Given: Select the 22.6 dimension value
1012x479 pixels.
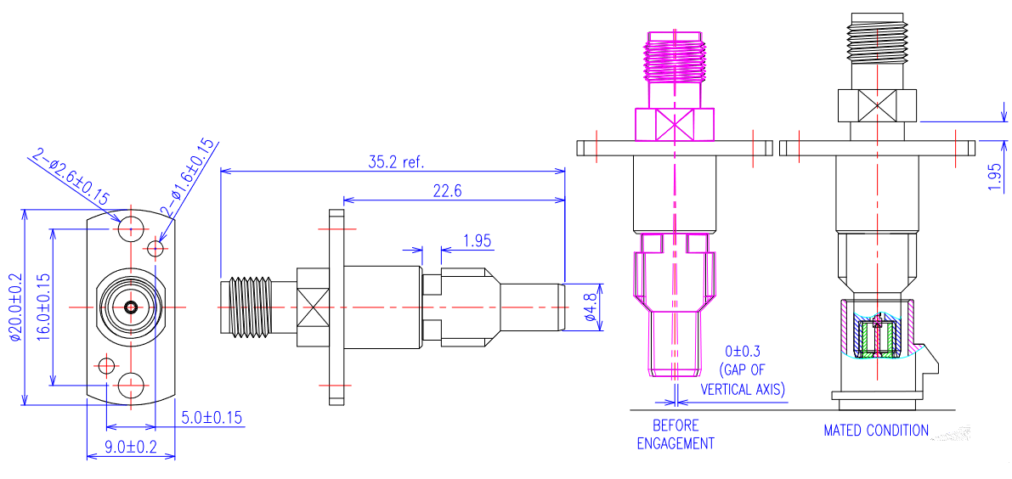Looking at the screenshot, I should pos(447,192).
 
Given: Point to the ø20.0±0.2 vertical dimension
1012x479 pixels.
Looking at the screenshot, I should pos(14,307).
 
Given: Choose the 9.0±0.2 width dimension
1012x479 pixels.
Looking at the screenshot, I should pos(130,446).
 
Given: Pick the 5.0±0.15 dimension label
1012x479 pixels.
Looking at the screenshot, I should pos(212,417).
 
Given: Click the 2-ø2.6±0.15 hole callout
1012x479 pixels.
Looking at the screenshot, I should pos(71,178).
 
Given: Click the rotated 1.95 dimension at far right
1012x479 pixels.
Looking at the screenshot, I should pos(995,177).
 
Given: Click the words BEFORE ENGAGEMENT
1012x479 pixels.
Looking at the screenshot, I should pos(676,434).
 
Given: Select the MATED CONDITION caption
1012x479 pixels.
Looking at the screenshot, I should pos(876,431).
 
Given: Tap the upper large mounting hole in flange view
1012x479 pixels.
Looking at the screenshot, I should pos(131,228).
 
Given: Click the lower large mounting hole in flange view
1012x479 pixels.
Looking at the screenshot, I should pos(131,385).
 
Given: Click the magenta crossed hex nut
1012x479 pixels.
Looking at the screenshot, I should pos(676,124).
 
